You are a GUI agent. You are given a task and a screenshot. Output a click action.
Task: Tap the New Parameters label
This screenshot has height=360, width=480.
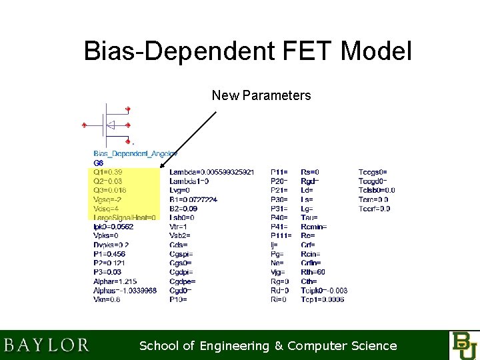coord(261,95)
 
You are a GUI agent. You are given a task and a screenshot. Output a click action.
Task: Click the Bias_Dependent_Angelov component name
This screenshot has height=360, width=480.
coord(135,153)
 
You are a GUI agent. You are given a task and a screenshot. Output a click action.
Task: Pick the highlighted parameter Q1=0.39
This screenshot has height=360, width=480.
coord(108,172)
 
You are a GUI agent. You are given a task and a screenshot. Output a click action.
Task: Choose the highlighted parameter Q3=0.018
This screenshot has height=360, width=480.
coord(110,190)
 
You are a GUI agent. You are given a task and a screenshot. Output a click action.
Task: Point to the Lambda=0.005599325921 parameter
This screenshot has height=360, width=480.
coord(211,172)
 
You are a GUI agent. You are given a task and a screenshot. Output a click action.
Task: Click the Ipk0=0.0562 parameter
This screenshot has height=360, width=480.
coord(113,227)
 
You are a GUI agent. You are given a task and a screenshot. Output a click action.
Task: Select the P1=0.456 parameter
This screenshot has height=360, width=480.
coord(109,254)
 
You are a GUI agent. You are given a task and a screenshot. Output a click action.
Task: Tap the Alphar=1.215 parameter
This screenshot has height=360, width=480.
coord(115,281)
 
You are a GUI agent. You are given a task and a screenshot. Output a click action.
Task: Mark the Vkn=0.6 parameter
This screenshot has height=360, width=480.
coord(107,299)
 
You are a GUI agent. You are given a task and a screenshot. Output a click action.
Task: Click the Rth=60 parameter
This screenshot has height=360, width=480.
coord(313,272)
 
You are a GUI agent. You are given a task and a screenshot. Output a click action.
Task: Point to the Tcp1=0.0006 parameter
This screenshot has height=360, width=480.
coord(323,299)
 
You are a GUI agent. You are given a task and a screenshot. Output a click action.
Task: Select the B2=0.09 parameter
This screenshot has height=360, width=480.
coord(183,208)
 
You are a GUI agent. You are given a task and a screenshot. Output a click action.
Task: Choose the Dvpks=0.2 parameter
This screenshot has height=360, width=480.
coord(111,245)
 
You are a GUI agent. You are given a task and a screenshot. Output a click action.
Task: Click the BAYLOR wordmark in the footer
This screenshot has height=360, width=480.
coord(47,345)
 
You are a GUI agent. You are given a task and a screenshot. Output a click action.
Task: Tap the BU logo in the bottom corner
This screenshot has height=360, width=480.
coord(463,345)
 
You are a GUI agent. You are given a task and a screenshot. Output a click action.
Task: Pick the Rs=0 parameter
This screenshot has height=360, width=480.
coord(310,172)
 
